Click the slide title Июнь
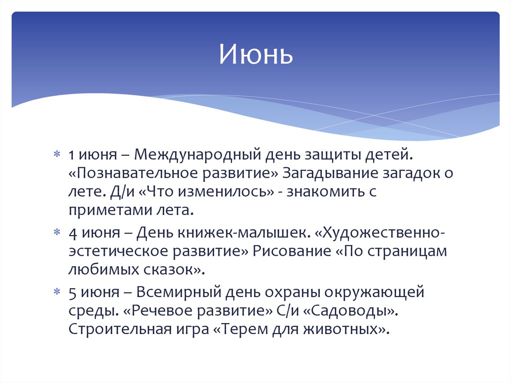(x=255, y=55)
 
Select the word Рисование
(x=289, y=251)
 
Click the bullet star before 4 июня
(x=58, y=233)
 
